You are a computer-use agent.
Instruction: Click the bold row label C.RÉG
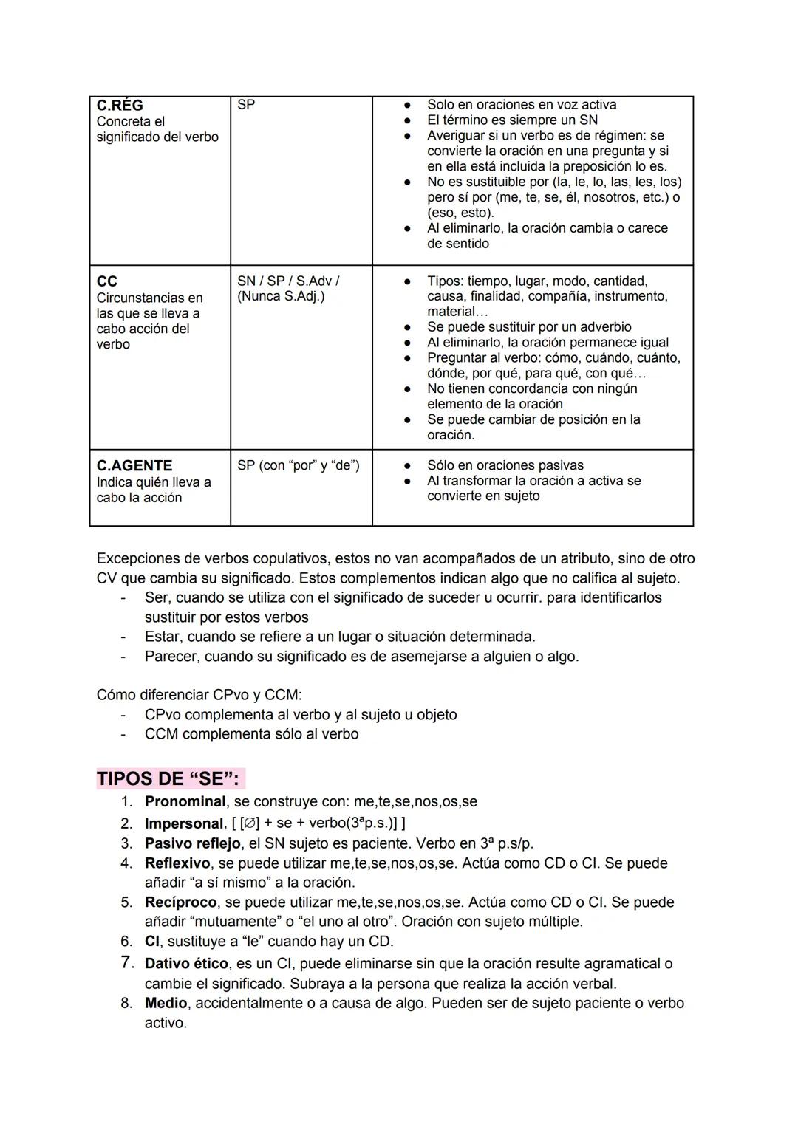point(120,106)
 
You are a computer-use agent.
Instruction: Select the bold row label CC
point(107,281)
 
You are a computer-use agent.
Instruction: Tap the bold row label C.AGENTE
point(134,466)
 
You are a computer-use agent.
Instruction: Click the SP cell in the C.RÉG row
point(246,105)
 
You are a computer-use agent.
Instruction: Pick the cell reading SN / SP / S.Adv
point(288,281)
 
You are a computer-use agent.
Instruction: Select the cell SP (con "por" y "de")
point(299,465)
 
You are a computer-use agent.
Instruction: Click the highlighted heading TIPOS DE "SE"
point(168,779)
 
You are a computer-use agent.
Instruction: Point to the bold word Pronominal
point(185,801)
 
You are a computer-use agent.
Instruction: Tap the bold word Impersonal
point(184,823)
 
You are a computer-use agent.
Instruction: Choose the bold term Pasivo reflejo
point(193,843)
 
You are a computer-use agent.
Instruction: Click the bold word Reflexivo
point(177,863)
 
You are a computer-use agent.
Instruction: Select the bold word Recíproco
point(181,902)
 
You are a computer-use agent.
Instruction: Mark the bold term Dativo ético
point(186,964)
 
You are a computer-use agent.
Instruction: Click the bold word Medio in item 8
point(166,1003)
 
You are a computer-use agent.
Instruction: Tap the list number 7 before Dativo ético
point(126,963)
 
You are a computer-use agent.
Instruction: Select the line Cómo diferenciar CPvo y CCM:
point(199,695)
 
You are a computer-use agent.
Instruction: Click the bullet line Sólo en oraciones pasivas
point(505,465)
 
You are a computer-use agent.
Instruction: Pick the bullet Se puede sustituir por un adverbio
point(529,327)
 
